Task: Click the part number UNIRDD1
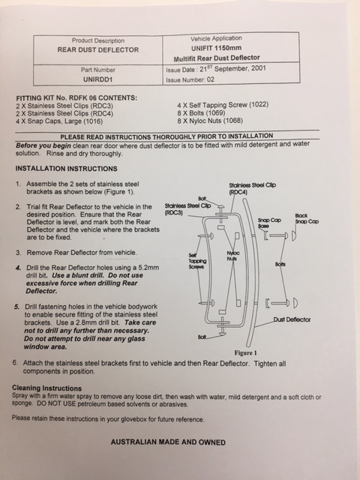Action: click(98, 79)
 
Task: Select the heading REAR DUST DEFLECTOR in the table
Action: click(98, 50)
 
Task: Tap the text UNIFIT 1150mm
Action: click(217, 48)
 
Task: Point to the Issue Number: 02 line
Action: click(190, 80)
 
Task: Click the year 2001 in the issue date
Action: click(258, 68)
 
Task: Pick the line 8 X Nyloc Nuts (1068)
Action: click(210, 121)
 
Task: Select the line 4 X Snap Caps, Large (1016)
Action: click(59, 121)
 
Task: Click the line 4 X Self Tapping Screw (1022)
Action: click(223, 105)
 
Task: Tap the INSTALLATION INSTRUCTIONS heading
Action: click(67, 169)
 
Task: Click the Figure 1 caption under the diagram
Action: click(245, 352)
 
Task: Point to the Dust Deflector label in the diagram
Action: click(292, 319)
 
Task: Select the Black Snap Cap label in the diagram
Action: click(307, 218)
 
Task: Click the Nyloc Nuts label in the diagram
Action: click(233, 256)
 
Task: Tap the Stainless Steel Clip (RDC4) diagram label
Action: click(252, 188)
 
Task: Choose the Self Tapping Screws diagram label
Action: click(197, 261)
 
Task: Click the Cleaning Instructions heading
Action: click(46, 388)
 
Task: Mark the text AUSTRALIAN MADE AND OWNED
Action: click(168, 442)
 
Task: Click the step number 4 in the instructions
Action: click(19, 268)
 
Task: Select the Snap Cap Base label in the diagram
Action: click(269, 223)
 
